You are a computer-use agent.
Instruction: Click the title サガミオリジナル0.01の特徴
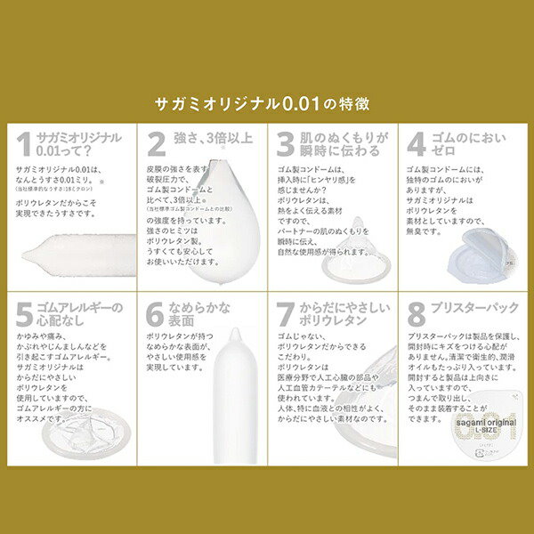[267, 104]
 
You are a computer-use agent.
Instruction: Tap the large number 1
[25, 144]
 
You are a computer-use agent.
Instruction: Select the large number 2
[157, 144]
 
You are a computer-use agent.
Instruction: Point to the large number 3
[285, 144]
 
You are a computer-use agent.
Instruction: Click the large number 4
[416, 144]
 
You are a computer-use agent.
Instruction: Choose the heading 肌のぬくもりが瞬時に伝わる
[343, 144]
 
